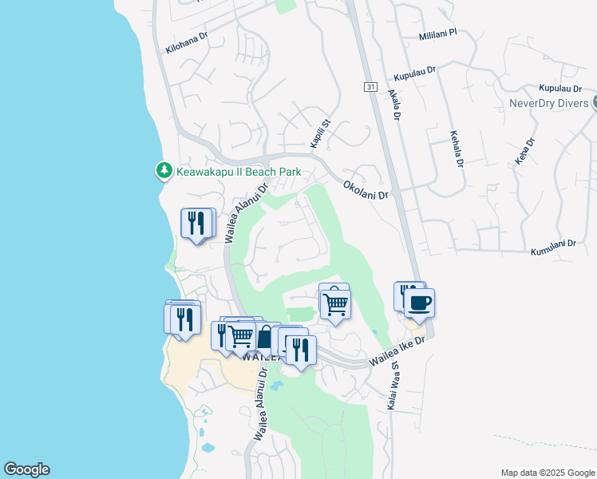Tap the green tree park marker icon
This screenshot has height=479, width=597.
[164, 170]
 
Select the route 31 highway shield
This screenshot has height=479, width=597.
[370, 86]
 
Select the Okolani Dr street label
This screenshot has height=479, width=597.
[365, 189]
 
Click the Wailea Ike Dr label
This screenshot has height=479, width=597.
[399, 353]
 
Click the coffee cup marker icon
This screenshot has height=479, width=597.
[419, 303]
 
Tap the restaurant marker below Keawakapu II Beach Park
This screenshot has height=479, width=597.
[196, 223]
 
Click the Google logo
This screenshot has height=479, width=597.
[26, 469]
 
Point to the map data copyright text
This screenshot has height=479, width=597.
[548, 473]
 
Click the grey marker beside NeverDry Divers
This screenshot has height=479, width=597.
[594, 104]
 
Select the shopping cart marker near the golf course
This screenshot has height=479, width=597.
[336, 303]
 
